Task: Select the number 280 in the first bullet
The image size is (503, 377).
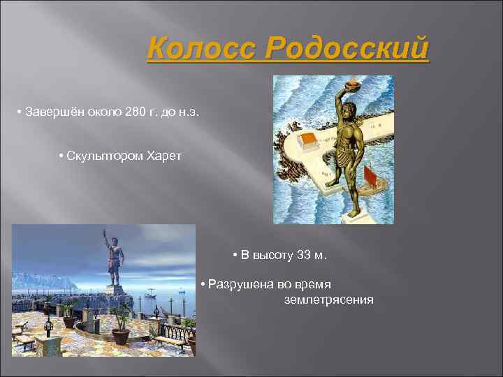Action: pyautogui.click(x=134, y=112)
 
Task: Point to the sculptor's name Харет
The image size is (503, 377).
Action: pyautogui.click(x=163, y=155)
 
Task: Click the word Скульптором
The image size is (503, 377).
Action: pyautogui.click(x=105, y=155)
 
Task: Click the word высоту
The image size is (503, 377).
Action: pyautogui.click(x=273, y=255)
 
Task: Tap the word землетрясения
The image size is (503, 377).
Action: pyautogui.click(x=328, y=300)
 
